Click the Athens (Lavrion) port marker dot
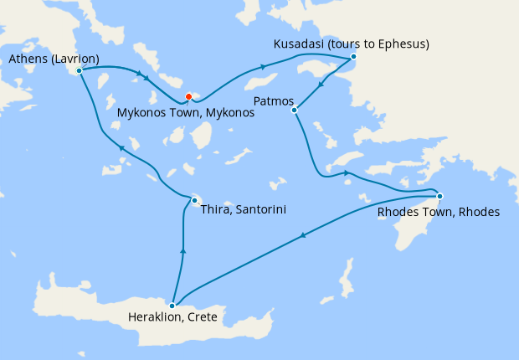pyautogui.click(x=79, y=71)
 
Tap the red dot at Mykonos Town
pyautogui.click(x=189, y=95)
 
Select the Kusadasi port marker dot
pyautogui.click(x=353, y=57)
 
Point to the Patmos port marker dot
pyautogui.click(x=294, y=110)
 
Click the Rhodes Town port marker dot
pyautogui.click(x=439, y=197)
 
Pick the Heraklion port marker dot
pyautogui.click(x=172, y=305)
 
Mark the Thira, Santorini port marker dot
pyautogui.click(x=193, y=200)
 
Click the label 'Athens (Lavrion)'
pyautogui.click(x=54, y=59)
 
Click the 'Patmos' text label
pyautogui.click(x=270, y=100)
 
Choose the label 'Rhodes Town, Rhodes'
pyautogui.click(x=438, y=212)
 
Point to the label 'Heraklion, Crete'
pyautogui.click(x=172, y=318)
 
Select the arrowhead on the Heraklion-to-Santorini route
pyautogui.click(x=182, y=250)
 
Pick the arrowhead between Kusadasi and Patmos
pyautogui.click(x=321, y=85)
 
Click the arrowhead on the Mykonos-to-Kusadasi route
pyautogui.click(x=263, y=66)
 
